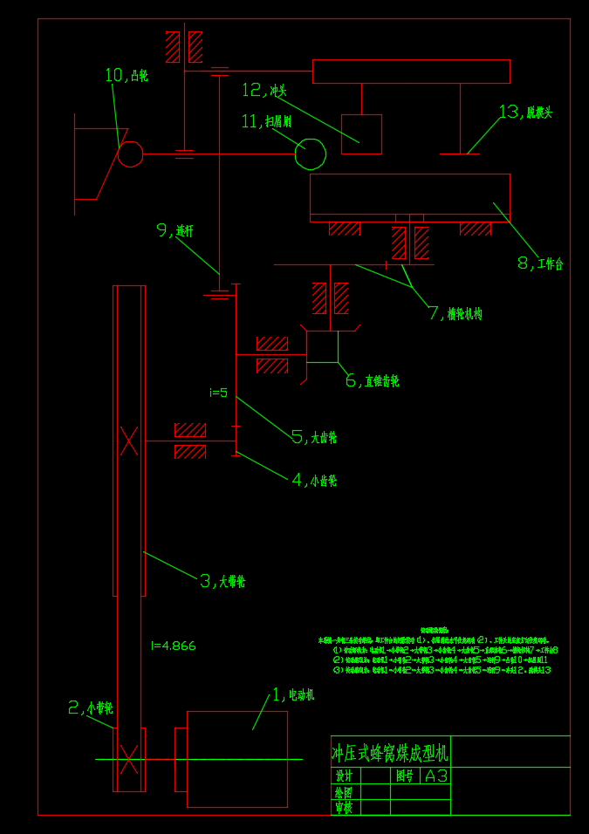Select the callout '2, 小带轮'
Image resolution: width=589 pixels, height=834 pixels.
click(x=91, y=708)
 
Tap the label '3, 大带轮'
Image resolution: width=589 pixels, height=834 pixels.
click(x=223, y=581)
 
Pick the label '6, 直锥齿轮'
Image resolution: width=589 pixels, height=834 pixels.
click(x=372, y=380)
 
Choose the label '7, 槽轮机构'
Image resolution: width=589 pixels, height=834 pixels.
click(x=455, y=313)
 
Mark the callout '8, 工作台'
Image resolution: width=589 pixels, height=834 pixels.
click(x=540, y=263)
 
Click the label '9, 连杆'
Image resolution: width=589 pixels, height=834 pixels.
click(x=175, y=230)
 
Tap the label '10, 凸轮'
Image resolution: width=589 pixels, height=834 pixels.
click(x=127, y=76)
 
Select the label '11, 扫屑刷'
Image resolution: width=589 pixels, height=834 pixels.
click(x=266, y=121)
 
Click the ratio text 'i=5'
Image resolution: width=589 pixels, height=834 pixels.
click(x=218, y=393)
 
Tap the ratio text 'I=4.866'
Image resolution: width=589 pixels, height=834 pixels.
click(x=174, y=646)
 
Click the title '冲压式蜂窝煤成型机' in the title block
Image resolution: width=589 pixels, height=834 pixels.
click(x=389, y=752)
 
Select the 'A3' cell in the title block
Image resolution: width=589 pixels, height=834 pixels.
click(x=435, y=776)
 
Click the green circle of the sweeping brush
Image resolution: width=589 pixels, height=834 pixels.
click(x=310, y=154)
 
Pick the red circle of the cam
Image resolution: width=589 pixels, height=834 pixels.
click(x=130, y=154)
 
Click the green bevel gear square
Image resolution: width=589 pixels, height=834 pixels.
click(x=322, y=346)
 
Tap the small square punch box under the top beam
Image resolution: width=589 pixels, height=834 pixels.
click(x=361, y=134)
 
